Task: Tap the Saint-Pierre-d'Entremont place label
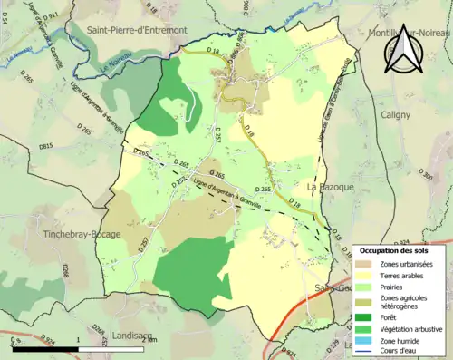click(137, 30)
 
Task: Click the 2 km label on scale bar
click(149, 339)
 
